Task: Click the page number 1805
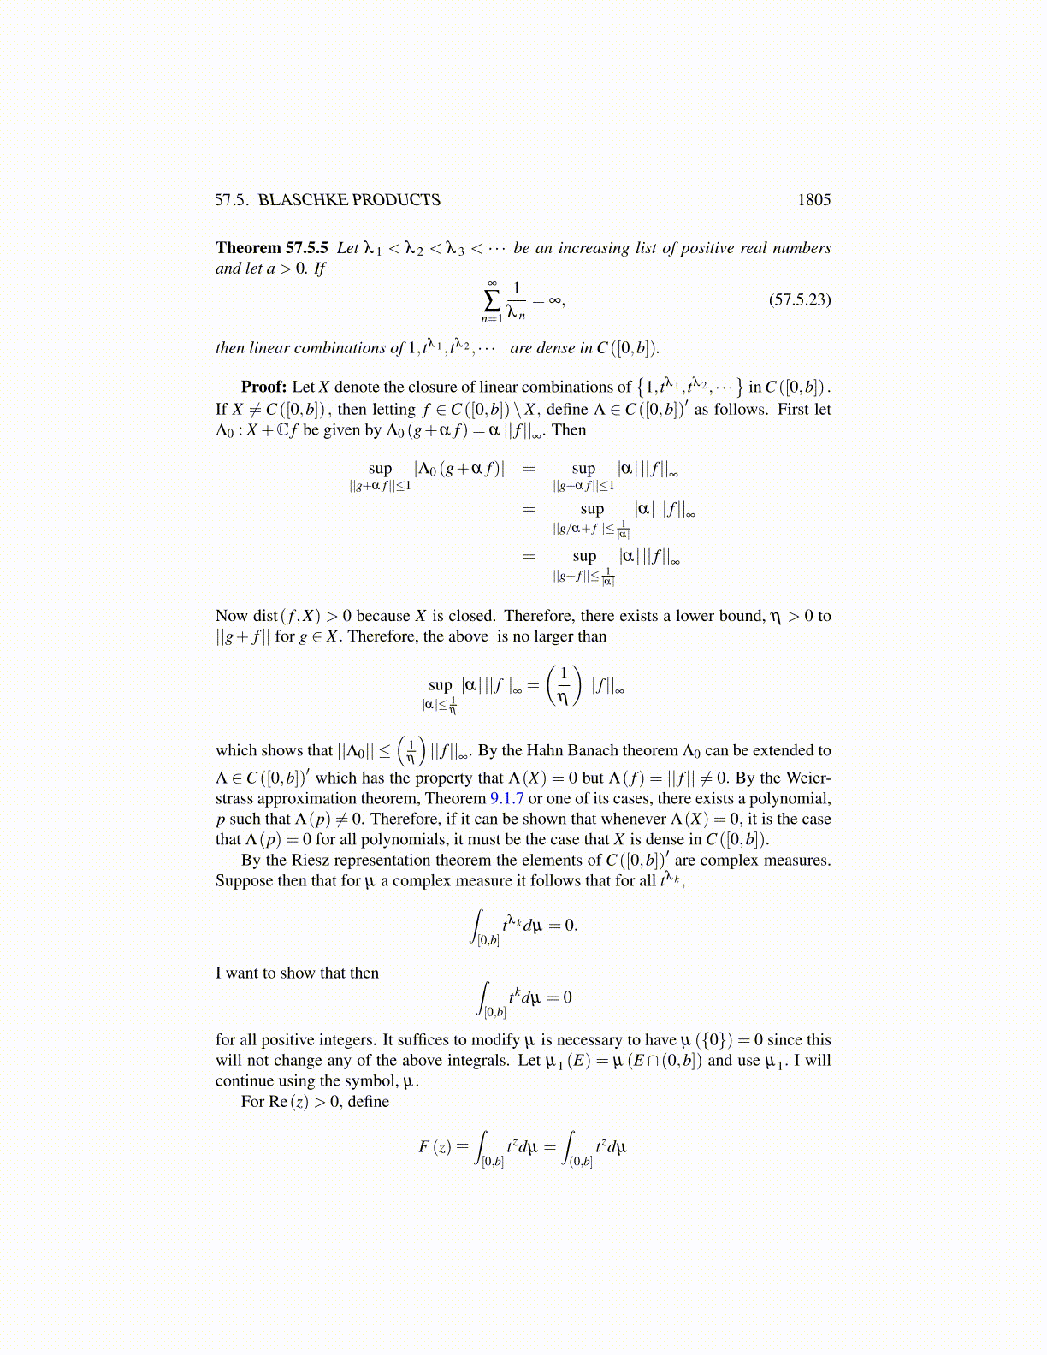pyautogui.click(x=813, y=200)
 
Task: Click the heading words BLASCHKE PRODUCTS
pyautogui.click(x=349, y=200)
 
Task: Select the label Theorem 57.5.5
pyautogui.click(x=271, y=248)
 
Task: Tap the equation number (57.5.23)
pyautogui.click(x=800, y=299)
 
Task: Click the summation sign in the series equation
pyautogui.click(x=492, y=300)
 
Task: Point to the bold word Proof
pyautogui.click(x=263, y=387)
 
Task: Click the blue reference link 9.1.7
pyautogui.click(x=506, y=799)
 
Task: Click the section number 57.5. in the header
pyautogui.click(x=232, y=200)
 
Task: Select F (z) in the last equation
pyautogui.click(x=435, y=1146)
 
